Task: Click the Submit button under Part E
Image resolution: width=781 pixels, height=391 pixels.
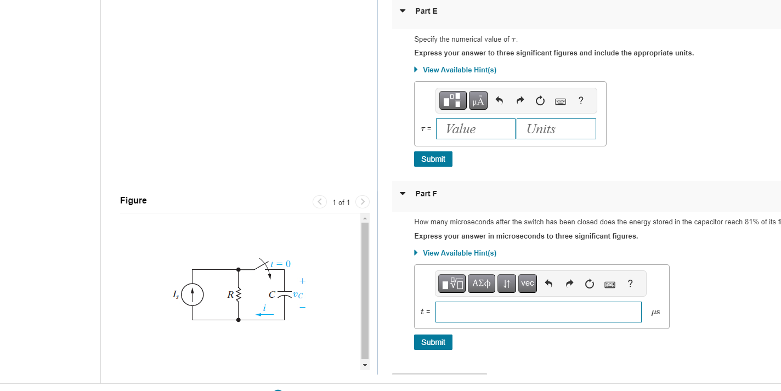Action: [x=433, y=159]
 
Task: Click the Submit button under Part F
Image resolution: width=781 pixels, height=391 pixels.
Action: [x=433, y=342]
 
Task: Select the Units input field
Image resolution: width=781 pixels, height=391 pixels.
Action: [x=556, y=129]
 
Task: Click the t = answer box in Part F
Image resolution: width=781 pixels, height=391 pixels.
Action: [x=538, y=312]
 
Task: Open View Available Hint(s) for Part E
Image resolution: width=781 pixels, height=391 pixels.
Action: [x=459, y=70]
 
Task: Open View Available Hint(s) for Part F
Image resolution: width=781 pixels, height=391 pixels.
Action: [x=459, y=253]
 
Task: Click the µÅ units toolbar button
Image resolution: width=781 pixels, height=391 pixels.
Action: [x=478, y=100]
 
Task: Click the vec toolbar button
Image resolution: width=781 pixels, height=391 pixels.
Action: [x=527, y=284]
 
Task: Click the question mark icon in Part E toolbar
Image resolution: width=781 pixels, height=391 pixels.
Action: [x=581, y=100]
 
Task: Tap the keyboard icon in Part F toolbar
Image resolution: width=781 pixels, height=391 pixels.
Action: [x=609, y=284]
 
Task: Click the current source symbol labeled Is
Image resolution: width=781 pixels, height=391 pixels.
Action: [x=192, y=294]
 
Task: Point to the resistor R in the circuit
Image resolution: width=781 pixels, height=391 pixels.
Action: [x=238, y=294]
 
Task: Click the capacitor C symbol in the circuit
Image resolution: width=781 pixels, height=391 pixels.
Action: [x=284, y=294]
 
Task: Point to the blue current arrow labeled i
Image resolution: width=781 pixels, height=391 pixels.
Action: [x=264, y=314]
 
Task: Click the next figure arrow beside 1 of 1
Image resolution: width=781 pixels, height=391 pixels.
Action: [x=361, y=202]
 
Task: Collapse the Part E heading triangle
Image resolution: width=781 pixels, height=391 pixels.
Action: [x=403, y=11]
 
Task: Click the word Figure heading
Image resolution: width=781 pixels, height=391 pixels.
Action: [x=133, y=200]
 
